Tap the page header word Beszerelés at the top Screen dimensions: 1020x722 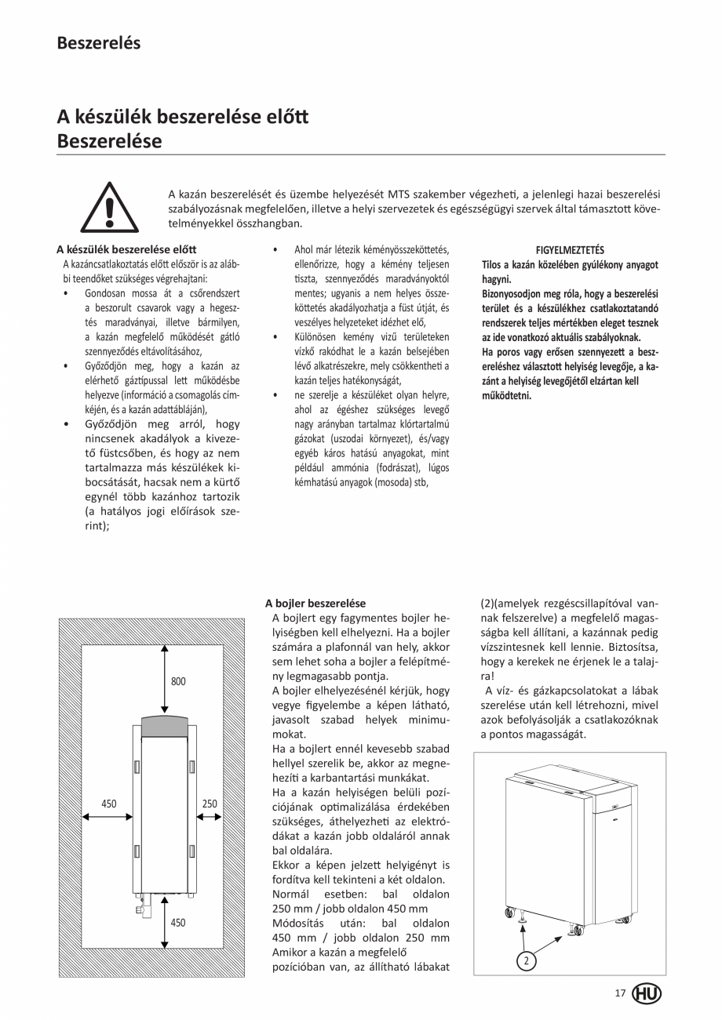(98, 43)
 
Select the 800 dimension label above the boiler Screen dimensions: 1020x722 (178, 681)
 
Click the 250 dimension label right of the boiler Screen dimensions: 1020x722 (210, 804)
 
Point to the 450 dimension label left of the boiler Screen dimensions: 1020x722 (109, 804)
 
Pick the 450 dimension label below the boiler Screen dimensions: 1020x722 (178, 923)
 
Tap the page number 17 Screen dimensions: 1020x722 (620, 993)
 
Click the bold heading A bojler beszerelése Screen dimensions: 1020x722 (315, 604)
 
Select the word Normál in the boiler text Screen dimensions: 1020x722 (290, 894)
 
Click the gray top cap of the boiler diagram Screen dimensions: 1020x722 (165, 725)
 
